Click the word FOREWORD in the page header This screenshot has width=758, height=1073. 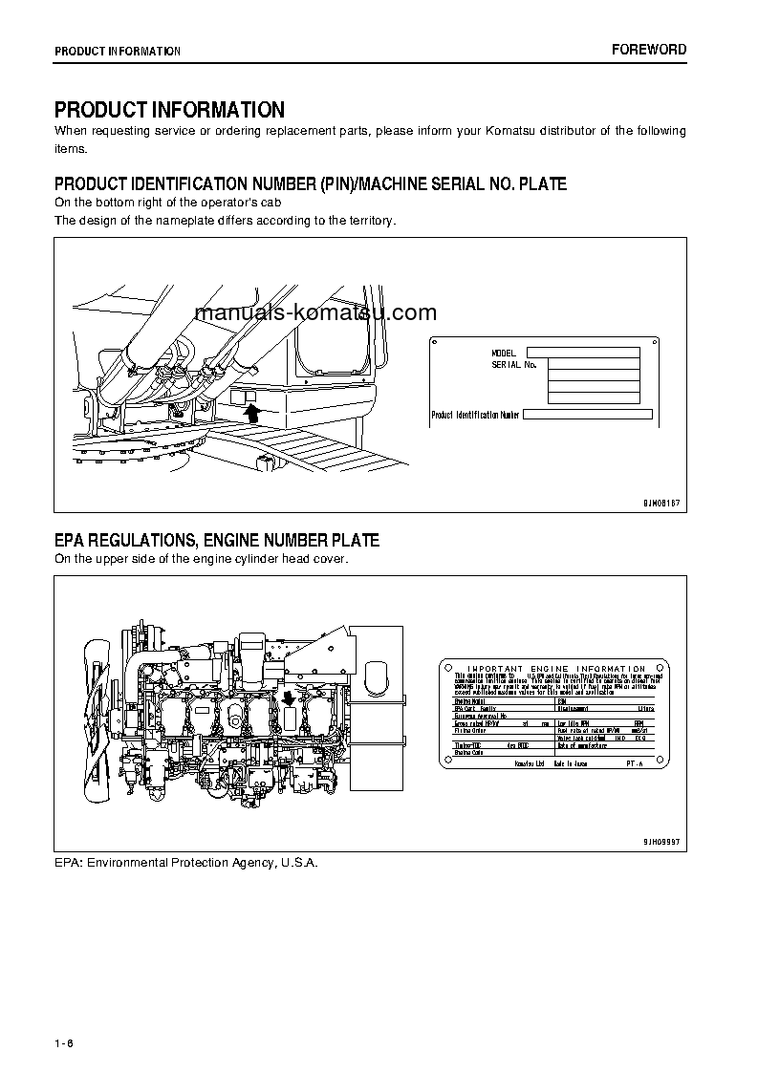coord(649,50)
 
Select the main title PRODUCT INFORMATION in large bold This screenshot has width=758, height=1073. coord(169,110)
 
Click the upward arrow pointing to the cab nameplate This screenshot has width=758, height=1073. coord(252,412)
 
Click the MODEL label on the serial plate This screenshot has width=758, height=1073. coord(503,354)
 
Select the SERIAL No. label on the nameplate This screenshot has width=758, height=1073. coord(514,365)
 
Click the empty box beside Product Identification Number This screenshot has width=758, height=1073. coord(588,415)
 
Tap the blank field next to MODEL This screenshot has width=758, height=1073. coord(583,353)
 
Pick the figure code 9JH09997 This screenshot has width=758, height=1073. coord(659,841)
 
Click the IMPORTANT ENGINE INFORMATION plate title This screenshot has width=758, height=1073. coord(556,669)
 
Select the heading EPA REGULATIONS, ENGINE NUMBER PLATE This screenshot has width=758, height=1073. coord(216,541)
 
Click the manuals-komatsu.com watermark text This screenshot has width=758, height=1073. coord(315,312)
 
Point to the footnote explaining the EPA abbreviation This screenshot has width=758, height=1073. coord(185,862)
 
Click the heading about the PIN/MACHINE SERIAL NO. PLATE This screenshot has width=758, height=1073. coord(310,183)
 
